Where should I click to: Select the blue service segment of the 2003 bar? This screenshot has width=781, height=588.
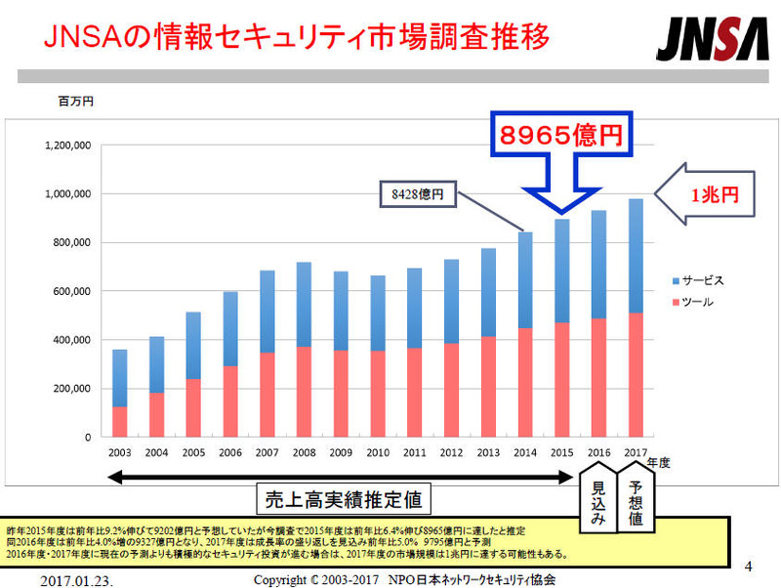click(x=119, y=378)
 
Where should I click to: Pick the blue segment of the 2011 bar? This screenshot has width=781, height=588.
click(x=414, y=309)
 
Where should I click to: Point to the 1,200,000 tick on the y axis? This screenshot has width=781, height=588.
click(x=67, y=146)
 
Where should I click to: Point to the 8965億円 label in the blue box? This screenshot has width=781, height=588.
click(x=555, y=136)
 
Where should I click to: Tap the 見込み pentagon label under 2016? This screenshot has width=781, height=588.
click(x=598, y=498)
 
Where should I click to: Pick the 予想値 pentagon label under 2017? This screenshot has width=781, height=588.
click(x=636, y=498)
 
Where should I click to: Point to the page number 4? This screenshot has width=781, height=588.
click(x=749, y=566)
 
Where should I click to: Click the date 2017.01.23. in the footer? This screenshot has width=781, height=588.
click(x=82, y=580)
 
